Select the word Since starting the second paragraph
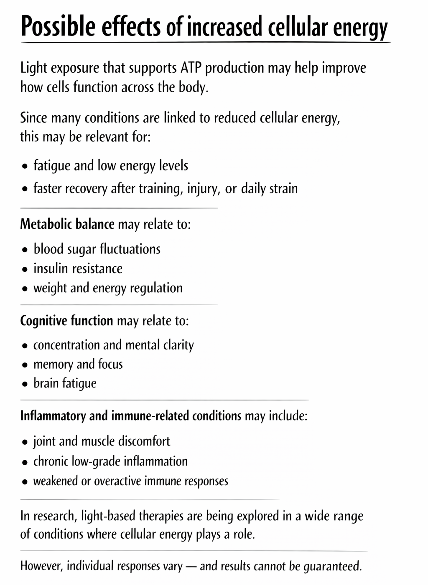33,118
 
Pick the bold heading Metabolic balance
67,224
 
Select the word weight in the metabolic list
50,288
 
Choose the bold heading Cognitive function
66,321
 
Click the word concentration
66,345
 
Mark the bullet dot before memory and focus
25,365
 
